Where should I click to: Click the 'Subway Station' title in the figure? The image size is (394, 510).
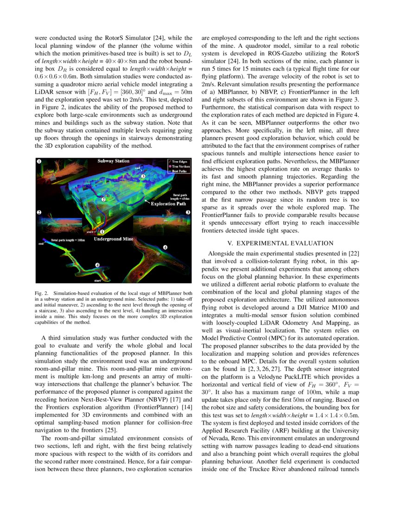point(114,161)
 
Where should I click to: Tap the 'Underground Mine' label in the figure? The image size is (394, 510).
point(114,239)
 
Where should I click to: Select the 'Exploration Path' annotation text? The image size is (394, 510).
point(169,203)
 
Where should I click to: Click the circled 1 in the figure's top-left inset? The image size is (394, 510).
point(39,161)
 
